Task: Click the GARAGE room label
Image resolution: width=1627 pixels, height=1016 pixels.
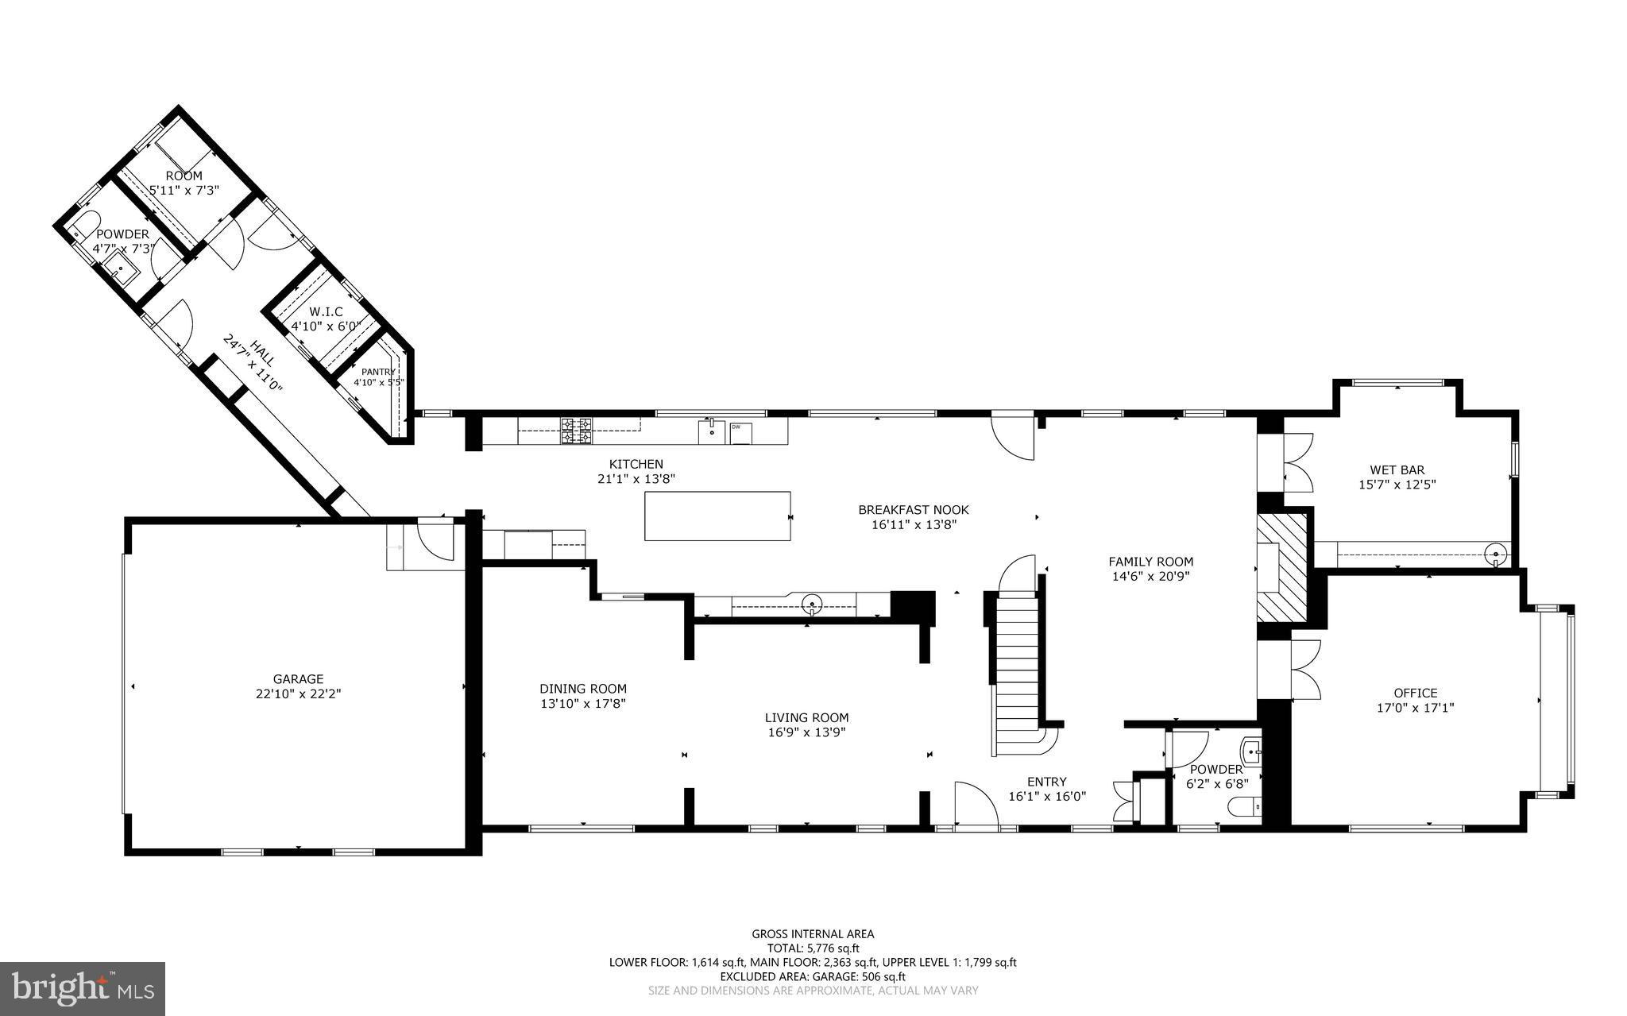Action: (x=298, y=679)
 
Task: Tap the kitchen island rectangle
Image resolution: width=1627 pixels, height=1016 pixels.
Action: (x=717, y=516)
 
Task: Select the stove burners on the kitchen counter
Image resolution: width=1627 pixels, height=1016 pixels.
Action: (x=577, y=431)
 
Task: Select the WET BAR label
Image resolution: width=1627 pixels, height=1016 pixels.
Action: (x=1397, y=469)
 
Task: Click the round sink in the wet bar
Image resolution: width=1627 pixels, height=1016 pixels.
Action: (x=1496, y=554)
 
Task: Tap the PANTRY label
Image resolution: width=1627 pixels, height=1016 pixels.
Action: (x=378, y=372)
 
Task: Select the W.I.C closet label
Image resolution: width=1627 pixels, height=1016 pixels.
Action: (x=327, y=312)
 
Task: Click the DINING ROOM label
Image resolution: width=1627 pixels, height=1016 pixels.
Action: (x=583, y=689)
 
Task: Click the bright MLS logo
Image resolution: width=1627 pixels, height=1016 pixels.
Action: (x=83, y=987)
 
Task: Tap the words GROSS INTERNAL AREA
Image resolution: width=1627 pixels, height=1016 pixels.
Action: (x=813, y=934)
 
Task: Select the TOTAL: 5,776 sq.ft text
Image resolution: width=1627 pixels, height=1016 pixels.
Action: (x=813, y=948)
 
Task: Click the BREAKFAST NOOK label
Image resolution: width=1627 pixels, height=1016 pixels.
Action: (x=913, y=510)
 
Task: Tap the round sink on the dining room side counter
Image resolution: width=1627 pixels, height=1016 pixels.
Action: (x=812, y=603)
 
